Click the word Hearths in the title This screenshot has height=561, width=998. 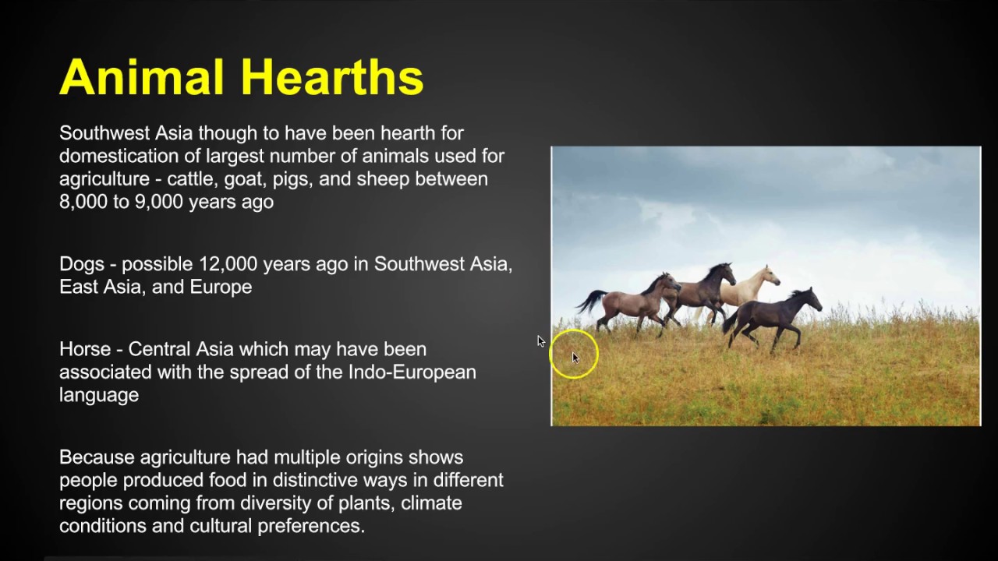(332, 78)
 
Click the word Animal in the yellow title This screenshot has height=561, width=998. (144, 78)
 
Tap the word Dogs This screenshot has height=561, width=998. (81, 264)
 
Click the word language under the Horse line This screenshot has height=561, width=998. (99, 395)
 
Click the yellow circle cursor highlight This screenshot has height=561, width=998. (574, 355)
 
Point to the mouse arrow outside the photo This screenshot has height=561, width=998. (541, 341)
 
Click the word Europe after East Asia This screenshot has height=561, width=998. (221, 287)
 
